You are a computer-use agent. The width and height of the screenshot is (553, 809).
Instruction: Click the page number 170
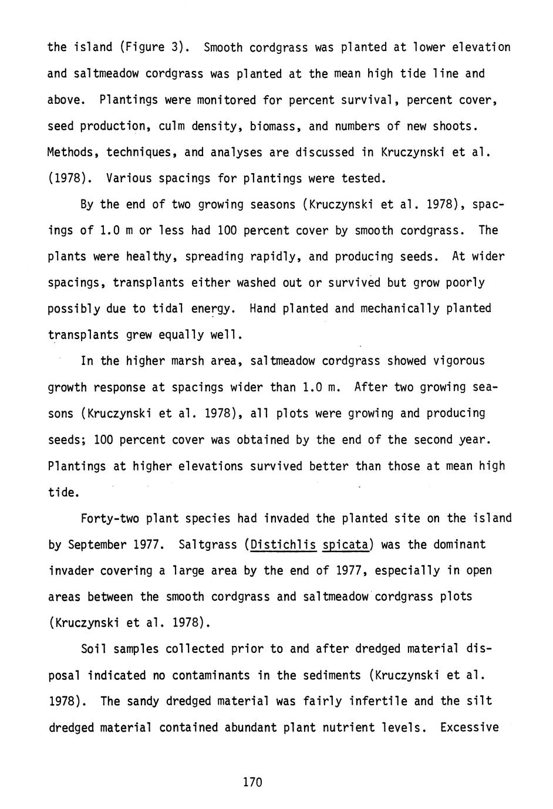(x=252, y=781)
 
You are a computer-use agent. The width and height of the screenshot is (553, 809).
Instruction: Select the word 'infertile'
(x=384, y=701)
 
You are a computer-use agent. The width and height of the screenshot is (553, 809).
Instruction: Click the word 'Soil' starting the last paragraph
(x=93, y=649)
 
